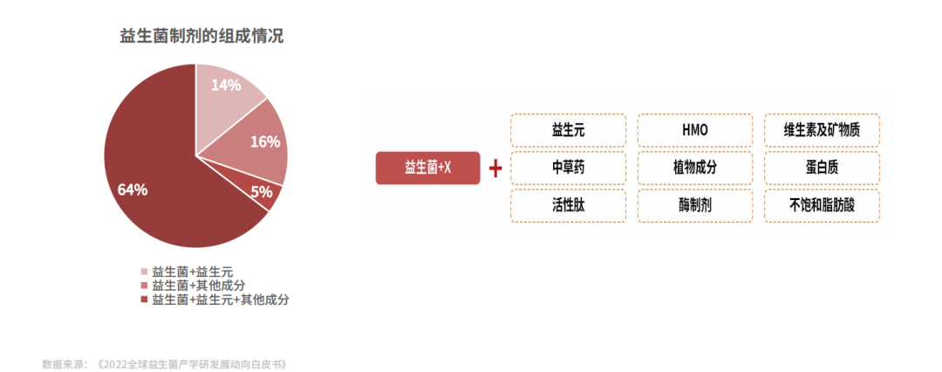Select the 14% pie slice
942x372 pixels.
point(225,89)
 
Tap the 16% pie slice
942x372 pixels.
point(259,142)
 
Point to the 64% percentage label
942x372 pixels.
point(133,189)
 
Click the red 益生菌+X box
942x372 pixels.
point(427,168)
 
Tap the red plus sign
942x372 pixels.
point(495,169)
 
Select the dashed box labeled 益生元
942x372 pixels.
point(568,130)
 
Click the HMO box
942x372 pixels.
point(695,130)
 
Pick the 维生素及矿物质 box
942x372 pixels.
point(822,130)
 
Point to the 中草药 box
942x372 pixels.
point(568,168)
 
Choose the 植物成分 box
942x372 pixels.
point(695,168)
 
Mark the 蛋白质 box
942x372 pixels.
point(822,168)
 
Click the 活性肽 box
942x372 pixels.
point(568,206)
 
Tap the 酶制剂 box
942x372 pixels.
point(695,206)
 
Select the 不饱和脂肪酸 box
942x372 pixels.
point(822,206)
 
